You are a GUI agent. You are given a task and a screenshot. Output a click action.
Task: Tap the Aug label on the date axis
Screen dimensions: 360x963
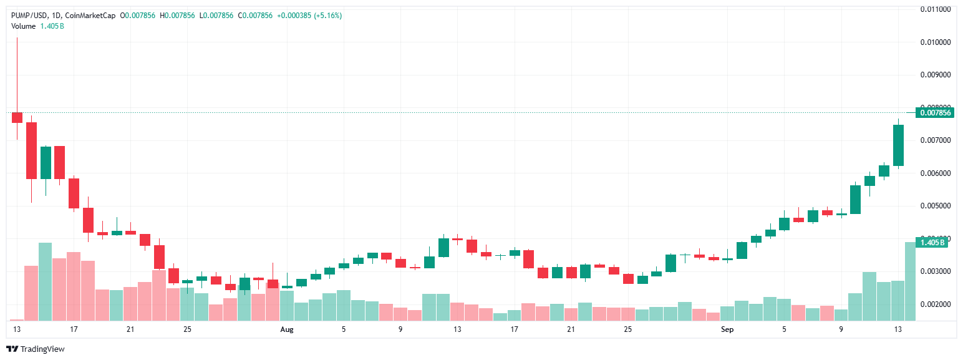[286, 329]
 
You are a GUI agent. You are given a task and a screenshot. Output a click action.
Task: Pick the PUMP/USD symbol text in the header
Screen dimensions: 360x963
[28, 16]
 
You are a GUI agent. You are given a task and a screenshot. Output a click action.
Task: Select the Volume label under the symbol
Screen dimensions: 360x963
[24, 26]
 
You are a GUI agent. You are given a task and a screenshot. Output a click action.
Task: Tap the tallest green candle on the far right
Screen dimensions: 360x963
[898, 145]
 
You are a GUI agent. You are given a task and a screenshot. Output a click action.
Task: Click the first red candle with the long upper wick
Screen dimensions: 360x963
[17, 117]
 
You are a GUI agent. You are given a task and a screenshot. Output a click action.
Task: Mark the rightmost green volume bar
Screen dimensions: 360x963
[909, 281]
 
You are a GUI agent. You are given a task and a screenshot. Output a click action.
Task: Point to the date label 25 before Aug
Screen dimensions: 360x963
[187, 329]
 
